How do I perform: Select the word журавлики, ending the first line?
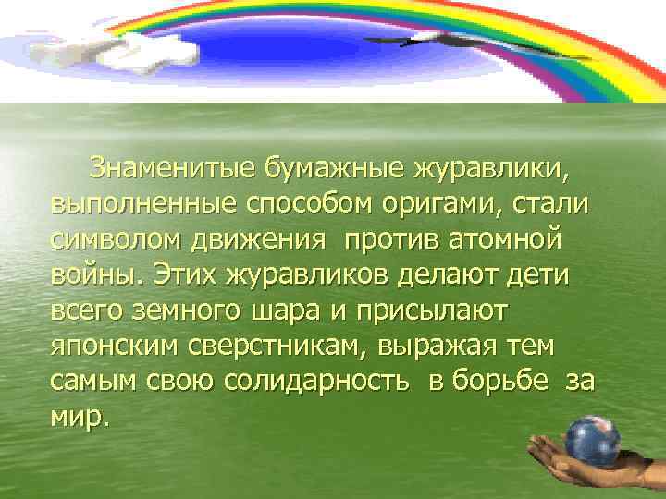coord(492,170)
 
